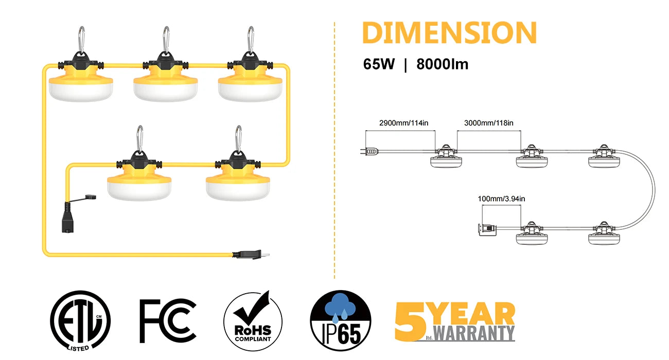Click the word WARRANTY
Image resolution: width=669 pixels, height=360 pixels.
[x=474, y=333]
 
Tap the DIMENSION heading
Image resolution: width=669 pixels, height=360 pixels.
[x=449, y=33]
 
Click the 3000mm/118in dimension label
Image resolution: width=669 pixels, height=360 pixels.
[x=488, y=123]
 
